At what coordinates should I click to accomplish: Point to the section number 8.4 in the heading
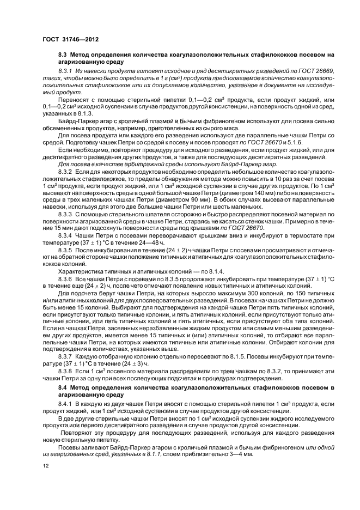point(63,387)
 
